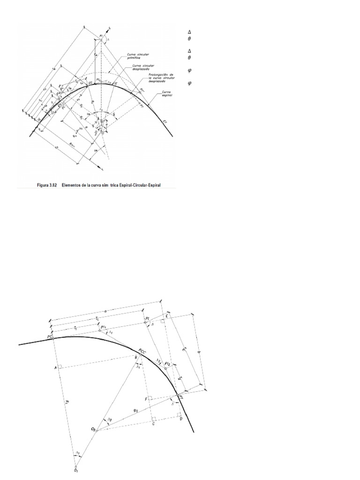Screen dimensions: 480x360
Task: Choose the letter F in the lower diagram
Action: click(x=146, y=398)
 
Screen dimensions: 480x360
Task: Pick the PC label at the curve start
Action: click(x=50, y=337)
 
